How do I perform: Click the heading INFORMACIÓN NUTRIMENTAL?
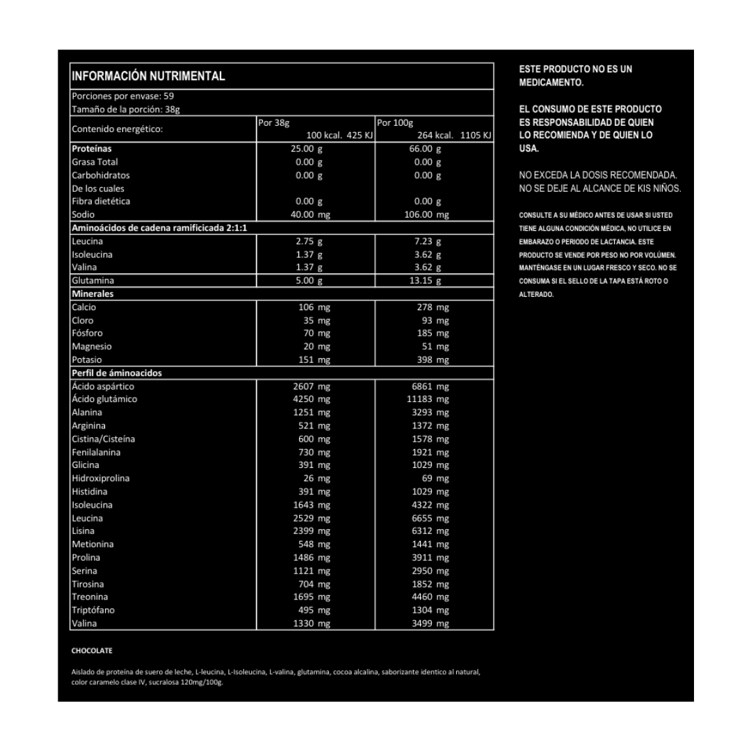pyautogui.click(x=148, y=76)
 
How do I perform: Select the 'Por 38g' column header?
pyautogui.click(x=273, y=123)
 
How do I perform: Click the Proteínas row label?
pyautogui.click(x=92, y=149)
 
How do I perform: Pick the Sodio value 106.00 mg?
pyautogui.click(x=426, y=215)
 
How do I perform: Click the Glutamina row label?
pyautogui.click(x=92, y=281)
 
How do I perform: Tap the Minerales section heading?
pyautogui.click(x=92, y=294)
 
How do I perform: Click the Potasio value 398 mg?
pyautogui.click(x=430, y=360)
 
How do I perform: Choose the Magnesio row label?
pyautogui.click(x=92, y=346)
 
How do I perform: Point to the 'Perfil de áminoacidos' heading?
pyautogui.click(x=117, y=373)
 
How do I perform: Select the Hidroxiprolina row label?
pyautogui.click(x=101, y=478)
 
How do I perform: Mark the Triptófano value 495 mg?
pyautogui.click(x=314, y=611)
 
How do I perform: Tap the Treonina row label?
pyautogui.click(x=90, y=597)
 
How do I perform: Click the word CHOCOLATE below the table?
pyautogui.click(x=92, y=651)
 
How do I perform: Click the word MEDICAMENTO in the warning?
pyautogui.click(x=551, y=83)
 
